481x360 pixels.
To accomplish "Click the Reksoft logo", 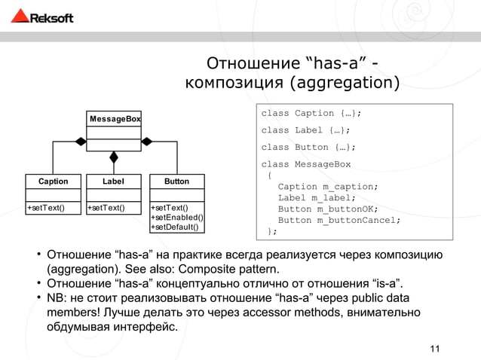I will (x=44, y=17).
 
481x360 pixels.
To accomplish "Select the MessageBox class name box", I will (x=115, y=119).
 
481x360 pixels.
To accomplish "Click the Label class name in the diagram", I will (x=115, y=182).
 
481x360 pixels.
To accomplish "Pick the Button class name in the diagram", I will (x=176, y=182).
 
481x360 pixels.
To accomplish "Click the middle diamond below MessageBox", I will (x=115, y=157).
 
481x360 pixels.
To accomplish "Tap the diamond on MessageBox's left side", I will (x=80, y=139).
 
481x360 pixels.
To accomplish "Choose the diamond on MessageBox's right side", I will (x=148, y=139).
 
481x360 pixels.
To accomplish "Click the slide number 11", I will (x=434, y=348).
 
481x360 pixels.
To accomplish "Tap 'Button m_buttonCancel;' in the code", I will (x=339, y=221).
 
